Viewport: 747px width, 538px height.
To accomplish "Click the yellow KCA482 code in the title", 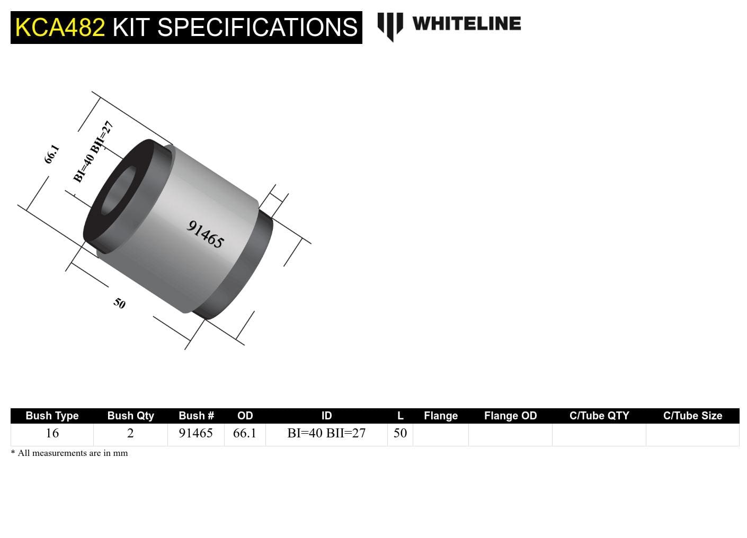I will (x=60, y=28).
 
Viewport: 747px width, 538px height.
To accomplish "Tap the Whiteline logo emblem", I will (x=390, y=25).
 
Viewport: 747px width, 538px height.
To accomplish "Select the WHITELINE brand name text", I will (x=466, y=24).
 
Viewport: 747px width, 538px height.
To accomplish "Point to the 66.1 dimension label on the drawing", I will (x=51, y=154).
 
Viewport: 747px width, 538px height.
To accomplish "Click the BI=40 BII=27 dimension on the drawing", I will (x=93, y=152).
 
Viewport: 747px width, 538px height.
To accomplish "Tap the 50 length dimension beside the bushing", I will (x=119, y=303).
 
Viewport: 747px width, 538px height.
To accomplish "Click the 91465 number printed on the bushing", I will (x=206, y=234).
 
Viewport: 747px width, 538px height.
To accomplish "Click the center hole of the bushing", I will (x=118, y=192).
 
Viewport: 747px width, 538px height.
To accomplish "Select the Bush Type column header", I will (x=52, y=416).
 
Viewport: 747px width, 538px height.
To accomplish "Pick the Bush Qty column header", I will (x=130, y=416).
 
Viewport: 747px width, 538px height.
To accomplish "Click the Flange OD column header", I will (x=510, y=416).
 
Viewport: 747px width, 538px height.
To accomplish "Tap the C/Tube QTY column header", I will (x=599, y=416).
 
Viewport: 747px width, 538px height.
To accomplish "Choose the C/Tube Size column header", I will (x=692, y=416).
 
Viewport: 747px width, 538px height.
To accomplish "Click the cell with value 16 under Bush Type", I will (x=52, y=433).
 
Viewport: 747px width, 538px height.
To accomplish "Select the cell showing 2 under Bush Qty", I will (x=130, y=433).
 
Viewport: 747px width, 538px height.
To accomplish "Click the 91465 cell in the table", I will (x=195, y=433).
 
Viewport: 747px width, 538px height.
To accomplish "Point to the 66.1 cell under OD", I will (x=245, y=433).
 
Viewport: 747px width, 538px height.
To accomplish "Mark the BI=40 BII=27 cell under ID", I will (x=326, y=433).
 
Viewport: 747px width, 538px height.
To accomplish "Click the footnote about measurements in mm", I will (x=69, y=453).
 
